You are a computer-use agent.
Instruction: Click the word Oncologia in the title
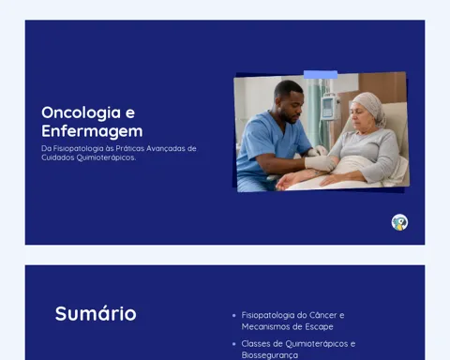point(82,113)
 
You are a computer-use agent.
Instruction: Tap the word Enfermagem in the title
point(92,131)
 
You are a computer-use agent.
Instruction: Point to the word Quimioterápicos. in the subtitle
point(106,157)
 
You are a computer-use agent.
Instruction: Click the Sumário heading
point(96,313)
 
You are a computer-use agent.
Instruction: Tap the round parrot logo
point(399,222)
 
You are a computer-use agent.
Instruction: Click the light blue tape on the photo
point(321,75)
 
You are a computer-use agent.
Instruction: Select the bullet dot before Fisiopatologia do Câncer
point(234,315)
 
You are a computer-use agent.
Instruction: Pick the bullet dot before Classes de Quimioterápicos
point(234,344)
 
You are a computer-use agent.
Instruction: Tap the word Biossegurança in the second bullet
point(270,355)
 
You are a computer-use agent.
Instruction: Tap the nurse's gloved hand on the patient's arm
point(320,162)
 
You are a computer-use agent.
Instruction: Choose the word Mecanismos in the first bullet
point(267,327)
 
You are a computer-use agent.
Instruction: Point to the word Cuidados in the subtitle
point(58,157)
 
